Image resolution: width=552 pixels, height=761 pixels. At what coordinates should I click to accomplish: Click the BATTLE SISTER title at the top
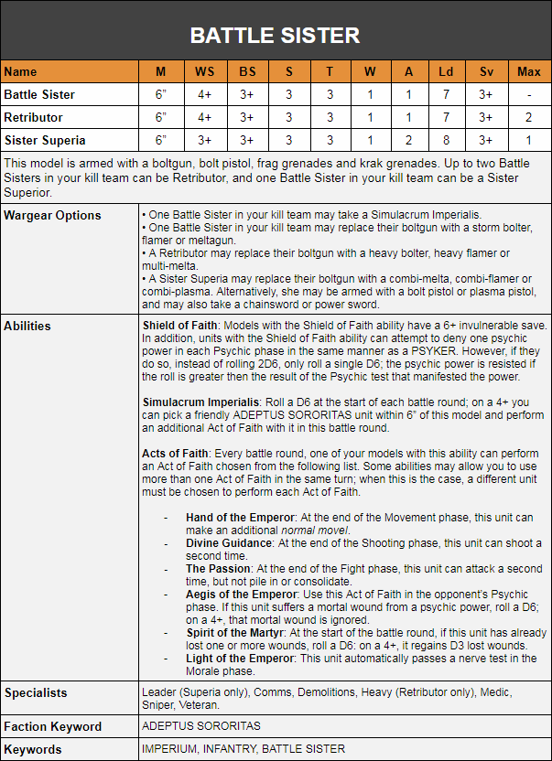[x=275, y=35]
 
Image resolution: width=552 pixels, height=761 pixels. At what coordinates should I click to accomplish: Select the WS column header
[x=204, y=71]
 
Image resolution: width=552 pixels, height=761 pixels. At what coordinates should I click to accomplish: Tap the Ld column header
[x=445, y=71]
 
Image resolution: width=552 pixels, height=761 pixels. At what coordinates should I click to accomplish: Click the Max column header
[x=529, y=71]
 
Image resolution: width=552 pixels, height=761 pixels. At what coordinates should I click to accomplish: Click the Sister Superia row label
[x=45, y=140]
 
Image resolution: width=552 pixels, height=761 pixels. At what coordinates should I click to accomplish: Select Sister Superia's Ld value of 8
[x=445, y=140]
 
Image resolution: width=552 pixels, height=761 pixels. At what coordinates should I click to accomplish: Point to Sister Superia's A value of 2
[x=409, y=140]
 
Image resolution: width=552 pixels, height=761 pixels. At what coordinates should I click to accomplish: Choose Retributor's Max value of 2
[x=529, y=117]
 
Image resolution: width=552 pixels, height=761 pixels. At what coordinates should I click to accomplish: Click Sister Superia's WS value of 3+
[x=204, y=140]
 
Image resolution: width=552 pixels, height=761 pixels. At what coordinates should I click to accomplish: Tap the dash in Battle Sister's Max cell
[x=529, y=94]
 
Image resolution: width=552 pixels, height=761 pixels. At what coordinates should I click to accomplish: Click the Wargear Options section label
[x=52, y=216]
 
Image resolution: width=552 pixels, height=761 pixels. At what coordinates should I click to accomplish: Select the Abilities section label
[x=27, y=326]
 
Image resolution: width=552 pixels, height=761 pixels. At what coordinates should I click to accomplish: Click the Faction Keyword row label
[x=52, y=726]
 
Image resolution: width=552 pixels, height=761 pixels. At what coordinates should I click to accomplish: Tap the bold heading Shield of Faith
[x=179, y=326]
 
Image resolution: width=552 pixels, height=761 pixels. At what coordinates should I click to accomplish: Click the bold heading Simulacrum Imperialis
[x=200, y=402]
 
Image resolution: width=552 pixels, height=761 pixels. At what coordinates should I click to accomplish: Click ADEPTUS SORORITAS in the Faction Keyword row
[x=201, y=726]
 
